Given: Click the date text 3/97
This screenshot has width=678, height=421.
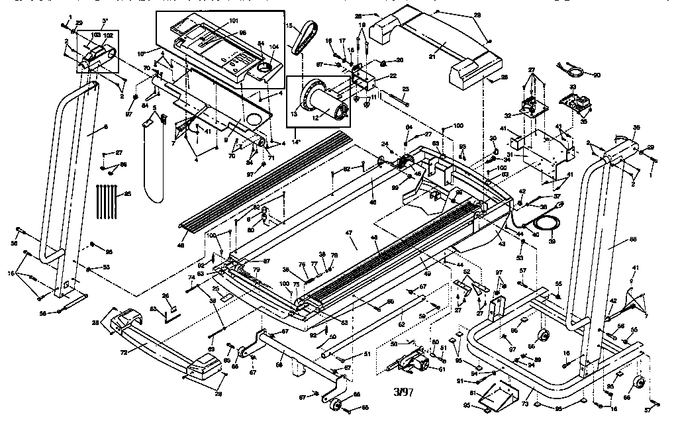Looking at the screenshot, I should click(403, 392).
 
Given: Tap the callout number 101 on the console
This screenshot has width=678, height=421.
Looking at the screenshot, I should click(234, 21).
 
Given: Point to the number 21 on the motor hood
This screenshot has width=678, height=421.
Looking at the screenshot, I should click(432, 57).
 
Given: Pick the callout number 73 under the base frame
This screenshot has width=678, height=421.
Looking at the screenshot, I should click(526, 402).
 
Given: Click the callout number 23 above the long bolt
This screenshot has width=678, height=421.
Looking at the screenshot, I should click(405, 89).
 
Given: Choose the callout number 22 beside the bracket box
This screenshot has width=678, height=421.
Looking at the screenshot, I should click(393, 76).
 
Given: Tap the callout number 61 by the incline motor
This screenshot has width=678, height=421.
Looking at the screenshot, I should click(442, 369).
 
